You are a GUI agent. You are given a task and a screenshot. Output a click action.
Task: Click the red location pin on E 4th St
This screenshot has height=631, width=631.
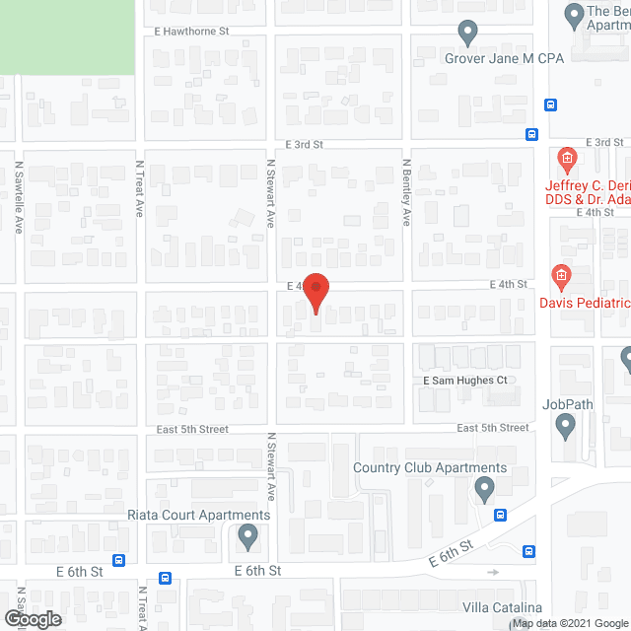(x=315, y=293)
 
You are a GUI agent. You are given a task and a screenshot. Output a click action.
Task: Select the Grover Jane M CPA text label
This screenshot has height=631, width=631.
(x=504, y=58)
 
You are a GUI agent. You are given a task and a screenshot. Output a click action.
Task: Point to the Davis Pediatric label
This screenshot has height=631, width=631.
(x=597, y=303)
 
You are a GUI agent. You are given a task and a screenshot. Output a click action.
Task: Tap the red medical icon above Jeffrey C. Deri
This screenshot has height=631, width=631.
(x=567, y=158)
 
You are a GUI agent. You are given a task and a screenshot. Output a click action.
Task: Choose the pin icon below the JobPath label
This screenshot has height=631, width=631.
(x=565, y=426)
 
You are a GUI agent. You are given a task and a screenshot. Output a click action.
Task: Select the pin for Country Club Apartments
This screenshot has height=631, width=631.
(x=484, y=488)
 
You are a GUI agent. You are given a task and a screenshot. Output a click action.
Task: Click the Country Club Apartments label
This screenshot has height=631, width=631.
(x=430, y=468)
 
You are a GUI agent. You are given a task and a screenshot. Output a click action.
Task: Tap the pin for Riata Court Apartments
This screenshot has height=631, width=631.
(x=247, y=536)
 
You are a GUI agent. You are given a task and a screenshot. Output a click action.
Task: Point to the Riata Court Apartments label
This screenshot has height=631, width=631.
(x=199, y=515)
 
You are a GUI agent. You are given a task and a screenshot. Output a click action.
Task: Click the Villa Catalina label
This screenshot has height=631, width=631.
(x=503, y=607)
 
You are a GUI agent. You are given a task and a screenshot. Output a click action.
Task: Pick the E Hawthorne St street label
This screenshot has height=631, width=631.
(x=191, y=32)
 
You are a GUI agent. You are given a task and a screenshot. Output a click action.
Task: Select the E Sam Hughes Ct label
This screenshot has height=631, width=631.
(x=464, y=380)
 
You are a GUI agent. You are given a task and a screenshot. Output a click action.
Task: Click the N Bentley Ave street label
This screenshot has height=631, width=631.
(x=405, y=192)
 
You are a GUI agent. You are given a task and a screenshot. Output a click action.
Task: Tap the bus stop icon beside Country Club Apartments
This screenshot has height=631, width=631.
(x=501, y=514)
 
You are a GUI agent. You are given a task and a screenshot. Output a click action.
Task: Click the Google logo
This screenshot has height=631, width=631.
(x=32, y=618)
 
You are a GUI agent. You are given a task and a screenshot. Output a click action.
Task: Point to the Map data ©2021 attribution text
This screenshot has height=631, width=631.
(x=553, y=623)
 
